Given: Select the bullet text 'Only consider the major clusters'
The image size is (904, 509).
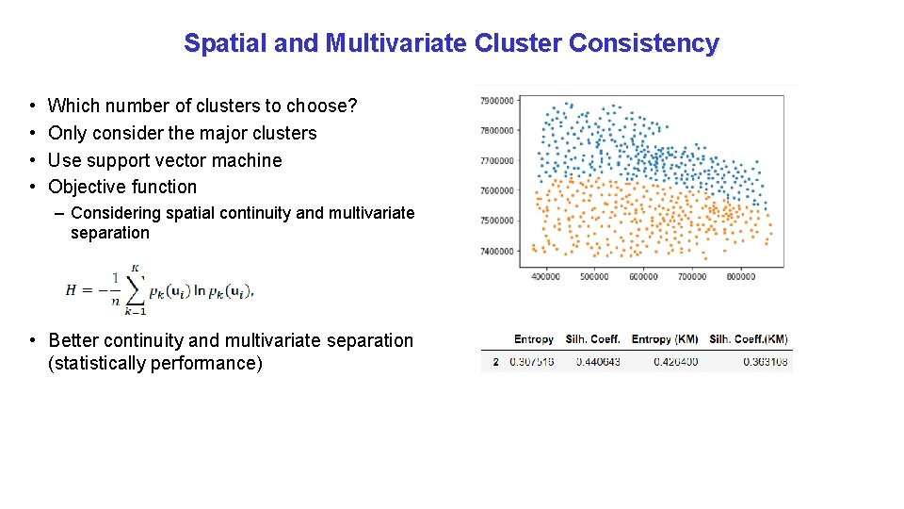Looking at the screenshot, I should [182, 133].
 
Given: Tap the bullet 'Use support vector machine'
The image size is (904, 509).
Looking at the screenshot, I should [165, 160].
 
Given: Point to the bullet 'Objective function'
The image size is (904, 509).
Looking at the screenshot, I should [122, 187].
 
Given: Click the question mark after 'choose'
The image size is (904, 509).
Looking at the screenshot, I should [352, 106].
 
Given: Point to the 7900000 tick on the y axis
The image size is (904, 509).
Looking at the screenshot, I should [496, 100].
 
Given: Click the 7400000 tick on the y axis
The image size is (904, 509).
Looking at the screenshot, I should [496, 251].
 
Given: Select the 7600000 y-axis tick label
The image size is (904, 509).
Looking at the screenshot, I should [496, 190].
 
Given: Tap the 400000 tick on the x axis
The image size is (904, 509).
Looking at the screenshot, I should [546, 276].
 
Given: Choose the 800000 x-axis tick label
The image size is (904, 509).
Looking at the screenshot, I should [741, 276].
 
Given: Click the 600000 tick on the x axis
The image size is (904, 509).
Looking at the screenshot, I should [643, 276].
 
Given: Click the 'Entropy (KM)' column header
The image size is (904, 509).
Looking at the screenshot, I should [665, 339].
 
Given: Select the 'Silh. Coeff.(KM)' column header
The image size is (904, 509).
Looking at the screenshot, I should [749, 339].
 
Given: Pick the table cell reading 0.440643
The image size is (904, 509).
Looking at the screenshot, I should [593, 362].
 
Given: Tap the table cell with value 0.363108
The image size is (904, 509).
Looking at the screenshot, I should [765, 362].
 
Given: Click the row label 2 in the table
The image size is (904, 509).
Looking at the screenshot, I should [495, 362].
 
